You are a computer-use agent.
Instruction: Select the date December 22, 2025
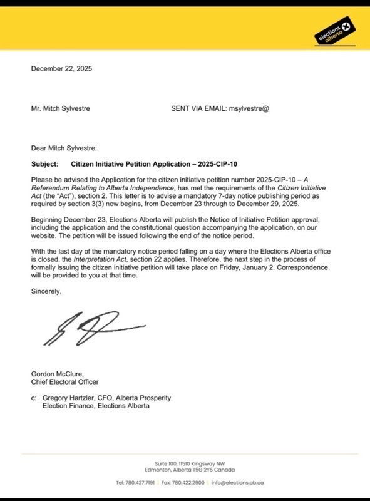[61, 69]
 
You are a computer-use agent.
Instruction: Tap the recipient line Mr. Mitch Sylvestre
[61, 108]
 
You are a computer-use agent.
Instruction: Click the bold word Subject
[44, 164]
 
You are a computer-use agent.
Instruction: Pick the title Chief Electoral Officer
[65, 382]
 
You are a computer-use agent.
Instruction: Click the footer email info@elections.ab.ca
[237, 482]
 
